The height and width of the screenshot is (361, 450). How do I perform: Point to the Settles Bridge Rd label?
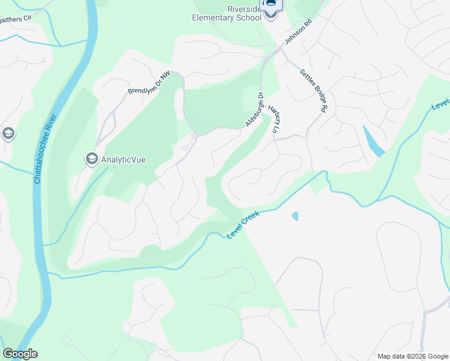(313, 90)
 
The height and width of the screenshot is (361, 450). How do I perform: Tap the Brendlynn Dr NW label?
(149, 84)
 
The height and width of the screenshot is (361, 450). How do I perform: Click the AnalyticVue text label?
(123, 160)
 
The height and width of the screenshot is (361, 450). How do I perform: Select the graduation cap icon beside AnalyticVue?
(91, 159)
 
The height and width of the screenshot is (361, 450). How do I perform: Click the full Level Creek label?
(243, 223)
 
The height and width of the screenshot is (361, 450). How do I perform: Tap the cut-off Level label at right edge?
(440, 99)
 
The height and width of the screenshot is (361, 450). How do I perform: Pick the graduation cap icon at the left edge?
(8, 133)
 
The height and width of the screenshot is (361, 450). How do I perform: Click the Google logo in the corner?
(20, 354)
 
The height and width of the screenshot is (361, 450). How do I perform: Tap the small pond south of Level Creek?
(294, 215)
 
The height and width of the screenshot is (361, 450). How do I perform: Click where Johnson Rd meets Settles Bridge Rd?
(280, 52)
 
